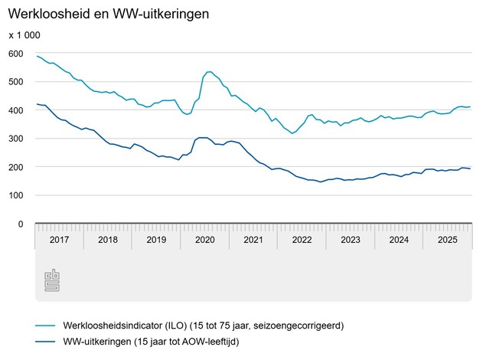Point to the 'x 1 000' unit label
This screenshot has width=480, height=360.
pyautogui.click(x=24, y=35)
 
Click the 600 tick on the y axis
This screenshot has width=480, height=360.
pyautogui.click(x=16, y=54)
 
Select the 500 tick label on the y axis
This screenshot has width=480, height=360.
pyautogui.click(x=16, y=82)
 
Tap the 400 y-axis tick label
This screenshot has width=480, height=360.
pyautogui.click(x=16, y=110)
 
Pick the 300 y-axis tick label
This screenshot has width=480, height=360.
pyautogui.click(x=16, y=139)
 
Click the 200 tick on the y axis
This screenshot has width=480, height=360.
pyautogui.click(x=16, y=167)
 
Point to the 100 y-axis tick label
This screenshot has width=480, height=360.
pyautogui.click(x=16, y=195)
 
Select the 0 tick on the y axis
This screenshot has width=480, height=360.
pyautogui.click(x=21, y=224)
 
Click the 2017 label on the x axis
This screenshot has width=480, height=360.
pyautogui.click(x=59, y=239)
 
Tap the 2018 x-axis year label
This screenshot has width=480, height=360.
pyautogui.click(x=107, y=239)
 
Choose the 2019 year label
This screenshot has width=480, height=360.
pyautogui.click(x=155, y=239)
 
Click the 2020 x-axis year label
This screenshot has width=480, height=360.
pyautogui.click(x=204, y=239)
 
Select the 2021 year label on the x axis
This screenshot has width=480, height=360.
pyautogui.click(x=253, y=239)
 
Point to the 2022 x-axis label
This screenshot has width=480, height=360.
pyautogui.click(x=302, y=239)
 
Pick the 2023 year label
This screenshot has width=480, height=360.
pyautogui.click(x=350, y=239)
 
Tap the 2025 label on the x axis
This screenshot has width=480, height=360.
pyautogui.click(x=447, y=239)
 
